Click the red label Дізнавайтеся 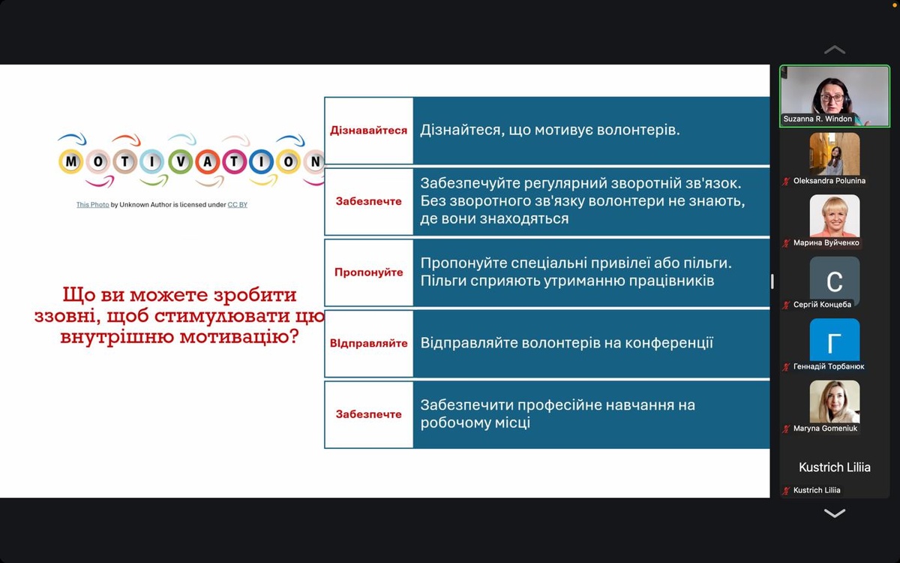click(x=368, y=131)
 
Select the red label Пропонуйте click(x=368, y=272)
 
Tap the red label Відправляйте click(x=368, y=343)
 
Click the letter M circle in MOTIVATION click(x=70, y=161)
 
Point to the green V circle click(x=181, y=161)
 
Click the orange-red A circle click(x=207, y=161)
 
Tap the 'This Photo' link click(x=93, y=205)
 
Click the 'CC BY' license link click(x=238, y=205)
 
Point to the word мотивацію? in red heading click(x=239, y=336)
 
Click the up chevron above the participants click(x=835, y=50)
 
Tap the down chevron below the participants click(x=835, y=513)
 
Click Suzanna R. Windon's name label click(x=817, y=119)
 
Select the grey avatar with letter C click(x=835, y=281)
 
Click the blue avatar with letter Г click(x=835, y=340)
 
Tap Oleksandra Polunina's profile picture click(x=835, y=154)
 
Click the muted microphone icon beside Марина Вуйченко click(x=786, y=243)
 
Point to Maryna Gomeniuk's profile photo click(x=835, y=402)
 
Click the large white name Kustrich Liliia click(x=835, y=467)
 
